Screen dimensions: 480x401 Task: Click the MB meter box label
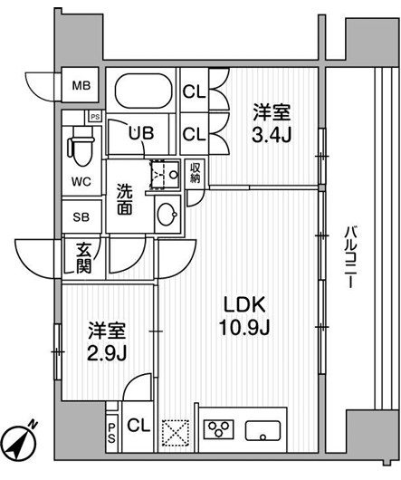coord(81,87)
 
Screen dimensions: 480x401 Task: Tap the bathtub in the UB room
coord(145,91)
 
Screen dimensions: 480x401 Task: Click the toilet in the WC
coord(80,143)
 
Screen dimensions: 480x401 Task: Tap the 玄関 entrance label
coord(82,258)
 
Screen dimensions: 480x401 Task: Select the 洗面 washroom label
coord(125,199)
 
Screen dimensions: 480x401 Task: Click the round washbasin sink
coord(167,216)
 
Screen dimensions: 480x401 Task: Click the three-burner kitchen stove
coord(221,430)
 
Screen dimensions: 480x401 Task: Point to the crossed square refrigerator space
coord(176,431)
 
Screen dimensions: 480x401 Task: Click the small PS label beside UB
coord(94,116)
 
